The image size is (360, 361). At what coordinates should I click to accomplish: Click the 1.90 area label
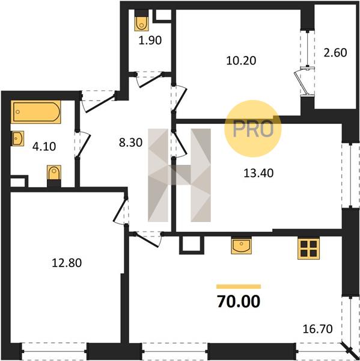point(150,40)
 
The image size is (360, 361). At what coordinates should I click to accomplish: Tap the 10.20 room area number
point(241,61)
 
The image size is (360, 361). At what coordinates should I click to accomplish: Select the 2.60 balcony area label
point(335,53)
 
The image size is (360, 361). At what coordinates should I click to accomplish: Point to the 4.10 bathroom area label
point(44,146)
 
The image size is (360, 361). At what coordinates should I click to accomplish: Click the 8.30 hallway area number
point(130,143)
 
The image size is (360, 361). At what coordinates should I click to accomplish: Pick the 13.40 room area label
point(258,173)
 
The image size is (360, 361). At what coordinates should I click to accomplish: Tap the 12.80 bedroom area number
point(67,263)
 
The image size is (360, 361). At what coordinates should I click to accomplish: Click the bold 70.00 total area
point(239,301)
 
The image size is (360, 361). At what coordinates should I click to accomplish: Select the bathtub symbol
point(36,112)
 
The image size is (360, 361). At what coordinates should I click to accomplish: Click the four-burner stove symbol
point(308,248)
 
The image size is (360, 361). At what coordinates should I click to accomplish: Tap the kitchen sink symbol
point(242,245)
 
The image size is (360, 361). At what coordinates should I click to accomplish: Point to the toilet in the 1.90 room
point(142,21)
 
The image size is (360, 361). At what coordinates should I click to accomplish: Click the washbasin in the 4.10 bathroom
point(18,138)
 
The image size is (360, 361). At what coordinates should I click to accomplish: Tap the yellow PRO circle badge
point(253,129)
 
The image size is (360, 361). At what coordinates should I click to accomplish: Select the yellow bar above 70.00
point(239,286)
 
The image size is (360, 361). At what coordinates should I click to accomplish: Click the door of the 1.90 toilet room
point(150,79)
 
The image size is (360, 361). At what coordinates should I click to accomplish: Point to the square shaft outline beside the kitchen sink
point(192,245)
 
